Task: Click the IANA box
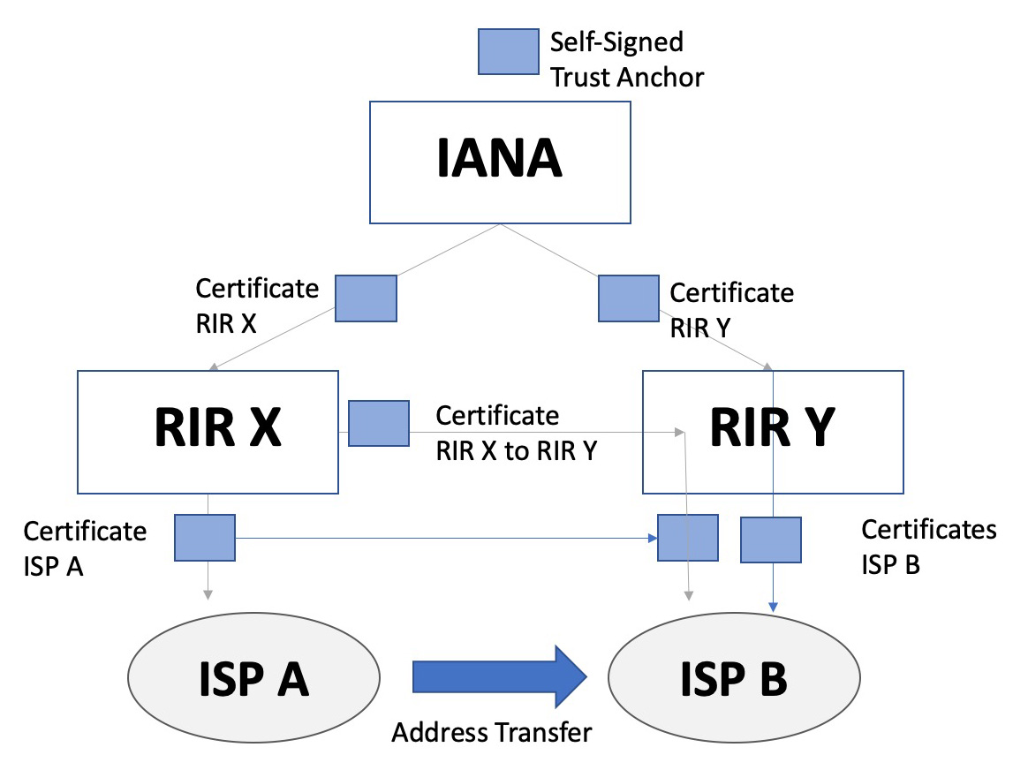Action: [500, 162]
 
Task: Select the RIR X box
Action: [208, 431]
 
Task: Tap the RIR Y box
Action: [772, 431]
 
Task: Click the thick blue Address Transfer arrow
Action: [500, 676]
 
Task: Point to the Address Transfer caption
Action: [492, 732]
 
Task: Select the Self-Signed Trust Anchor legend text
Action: [626, 59]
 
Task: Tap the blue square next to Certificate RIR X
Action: [366, 298]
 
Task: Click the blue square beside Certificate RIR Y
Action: [629, 298]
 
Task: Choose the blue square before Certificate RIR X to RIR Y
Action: [379, 423]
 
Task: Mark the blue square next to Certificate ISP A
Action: [204, 537]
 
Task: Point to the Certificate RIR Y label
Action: [731, 309]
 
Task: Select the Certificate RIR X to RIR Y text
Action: [517, 433]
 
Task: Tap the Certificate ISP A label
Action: [85, 547]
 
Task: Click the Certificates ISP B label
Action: [928, 547]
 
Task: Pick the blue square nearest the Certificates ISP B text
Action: [770, 540]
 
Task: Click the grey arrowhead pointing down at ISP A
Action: [207, 594]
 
